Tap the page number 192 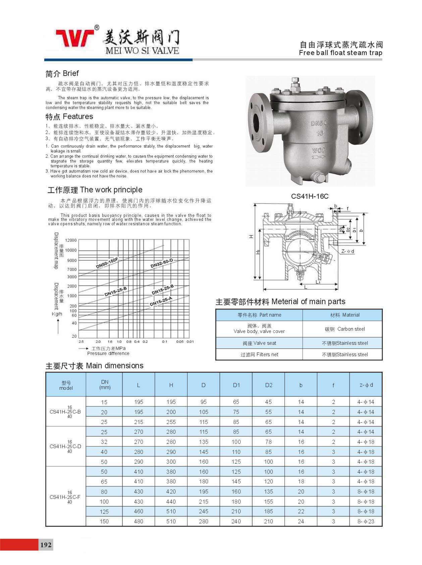point(46,545)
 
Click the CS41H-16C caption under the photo point(310,196)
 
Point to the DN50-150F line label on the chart point(107,263)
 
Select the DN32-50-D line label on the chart point(161,264)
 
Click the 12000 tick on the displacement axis point(71,240)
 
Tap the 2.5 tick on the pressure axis point(81,342)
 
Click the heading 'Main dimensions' point(114,366)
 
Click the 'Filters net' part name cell point(259,355)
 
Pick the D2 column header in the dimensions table point(268,385)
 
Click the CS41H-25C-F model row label point(65,497)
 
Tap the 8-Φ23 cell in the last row point(366,521)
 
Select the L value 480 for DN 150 point(139,521)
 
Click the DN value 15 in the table point(104,402)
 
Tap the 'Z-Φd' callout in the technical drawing point(348,251)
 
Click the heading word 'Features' point(78,116)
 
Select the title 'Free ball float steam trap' point(340,53)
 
